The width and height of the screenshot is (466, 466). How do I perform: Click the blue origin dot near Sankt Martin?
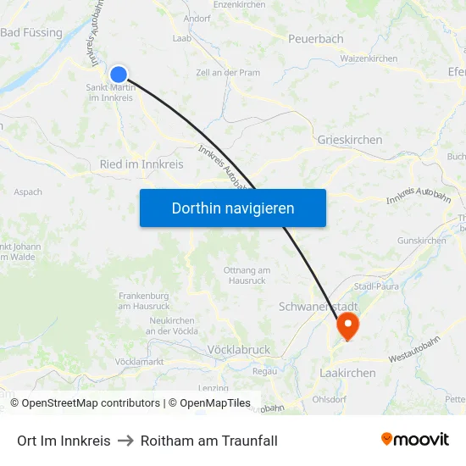tap(119, 75)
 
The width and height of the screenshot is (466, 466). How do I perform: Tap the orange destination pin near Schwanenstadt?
tap(347, 325)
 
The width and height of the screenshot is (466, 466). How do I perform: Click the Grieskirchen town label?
tap(349, 140)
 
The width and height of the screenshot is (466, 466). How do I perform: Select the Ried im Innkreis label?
tap(141, 164)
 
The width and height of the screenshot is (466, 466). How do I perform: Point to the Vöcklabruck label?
tap(238, 349)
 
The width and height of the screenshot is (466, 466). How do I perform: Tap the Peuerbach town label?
tap(315, 39)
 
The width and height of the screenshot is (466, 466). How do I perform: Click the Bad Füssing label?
tap(31, 33)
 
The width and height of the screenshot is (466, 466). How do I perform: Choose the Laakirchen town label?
tap(347, 372)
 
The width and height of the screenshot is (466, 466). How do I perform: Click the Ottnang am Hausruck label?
tap(247, 275)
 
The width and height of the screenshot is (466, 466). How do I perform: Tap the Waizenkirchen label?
tap(369, 59)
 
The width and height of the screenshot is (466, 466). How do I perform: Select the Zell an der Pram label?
tap(228, 73)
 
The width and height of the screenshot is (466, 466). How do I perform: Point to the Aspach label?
tap(28, 192)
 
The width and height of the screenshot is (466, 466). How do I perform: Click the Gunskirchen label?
tap(421, 241)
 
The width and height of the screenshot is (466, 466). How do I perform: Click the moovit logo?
tap(414, 440)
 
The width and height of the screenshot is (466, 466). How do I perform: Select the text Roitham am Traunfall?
tap(209, 441)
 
